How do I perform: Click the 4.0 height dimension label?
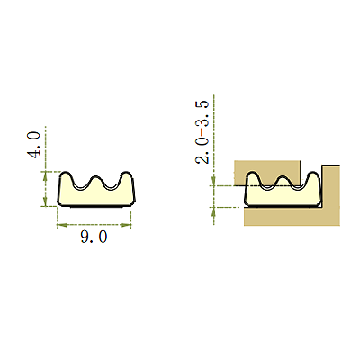click(x=33, y=145)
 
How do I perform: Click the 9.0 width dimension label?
click(x=94, y=238)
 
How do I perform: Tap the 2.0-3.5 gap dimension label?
click(x=202, y=132)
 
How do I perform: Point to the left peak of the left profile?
click(x=66, y=173)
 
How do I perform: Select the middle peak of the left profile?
click(x=95, y=176)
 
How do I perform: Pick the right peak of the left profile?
click(x=126, y=173)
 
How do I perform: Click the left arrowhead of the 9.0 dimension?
click(x=61, y=224)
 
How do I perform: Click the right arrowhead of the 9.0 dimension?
click(x=127, y=224)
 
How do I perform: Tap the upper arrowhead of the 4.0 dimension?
click(x=45, y=175)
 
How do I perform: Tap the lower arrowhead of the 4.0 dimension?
click(x=45, y=202)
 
